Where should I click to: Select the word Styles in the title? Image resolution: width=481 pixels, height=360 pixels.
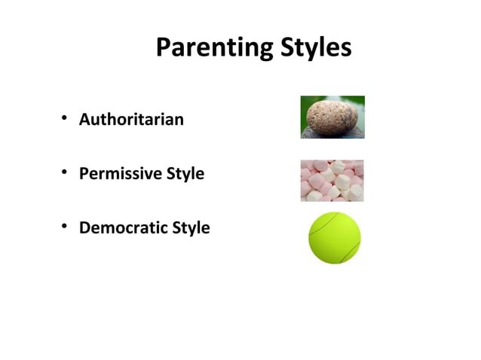pyautogui.click(x=314, y=48)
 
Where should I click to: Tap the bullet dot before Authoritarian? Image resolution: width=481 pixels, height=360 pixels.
pyautogui.click(x=66, y=118)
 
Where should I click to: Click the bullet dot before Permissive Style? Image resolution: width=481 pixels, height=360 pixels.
pyautogui.click(x=66, y=172)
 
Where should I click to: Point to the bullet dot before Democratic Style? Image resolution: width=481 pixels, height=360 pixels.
pyautogui.click(x=66, y=227)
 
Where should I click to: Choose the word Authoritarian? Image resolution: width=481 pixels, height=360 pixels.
pyautogui.click(x=131, y=119)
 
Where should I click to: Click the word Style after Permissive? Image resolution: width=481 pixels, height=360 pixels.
pyautogui.click(x=185, y=174)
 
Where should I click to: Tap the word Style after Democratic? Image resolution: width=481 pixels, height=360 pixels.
pyautogui.click(x=192, y=228)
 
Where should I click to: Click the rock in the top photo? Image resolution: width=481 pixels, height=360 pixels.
pyautogui.click(x=332, y=116)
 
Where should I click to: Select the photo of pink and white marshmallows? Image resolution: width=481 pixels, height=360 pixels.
pyautogui.click(x=332, y=181)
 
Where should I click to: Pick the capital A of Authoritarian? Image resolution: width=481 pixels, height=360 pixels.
pyautogui.click(x=84, y=119)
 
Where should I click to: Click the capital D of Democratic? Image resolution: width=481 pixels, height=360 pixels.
pyautogui.click(x=84, y=227)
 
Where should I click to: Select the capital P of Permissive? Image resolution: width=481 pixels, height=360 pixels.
pyautogui.click(x=84, y=173)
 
